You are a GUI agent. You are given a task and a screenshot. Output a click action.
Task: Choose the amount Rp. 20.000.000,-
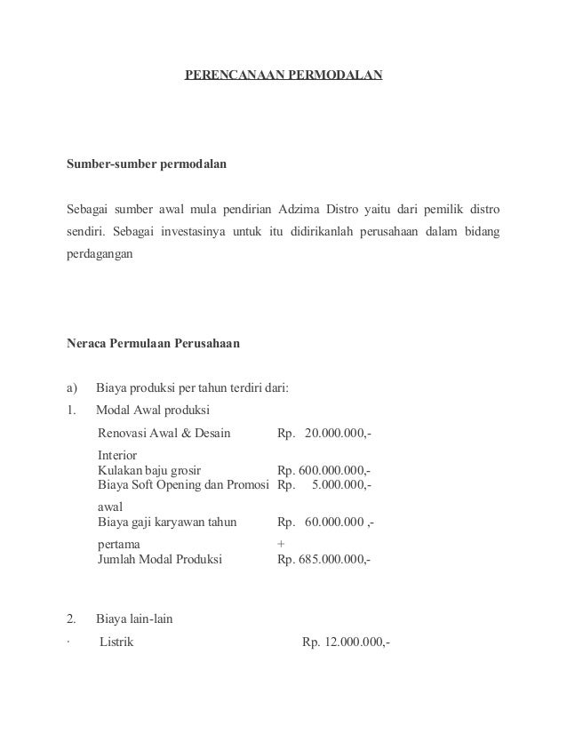325,434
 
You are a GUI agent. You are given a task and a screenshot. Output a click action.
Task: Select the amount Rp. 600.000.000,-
323,471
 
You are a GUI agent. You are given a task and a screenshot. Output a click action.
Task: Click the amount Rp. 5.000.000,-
325,486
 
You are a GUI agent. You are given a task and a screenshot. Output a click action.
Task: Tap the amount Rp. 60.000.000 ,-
325,523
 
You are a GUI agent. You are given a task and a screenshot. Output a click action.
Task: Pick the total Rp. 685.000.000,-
323,560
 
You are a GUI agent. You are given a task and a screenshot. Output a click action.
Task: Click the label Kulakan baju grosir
149,471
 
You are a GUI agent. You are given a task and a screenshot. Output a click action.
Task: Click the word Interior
117,454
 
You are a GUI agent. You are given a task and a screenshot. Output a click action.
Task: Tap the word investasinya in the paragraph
189,231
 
